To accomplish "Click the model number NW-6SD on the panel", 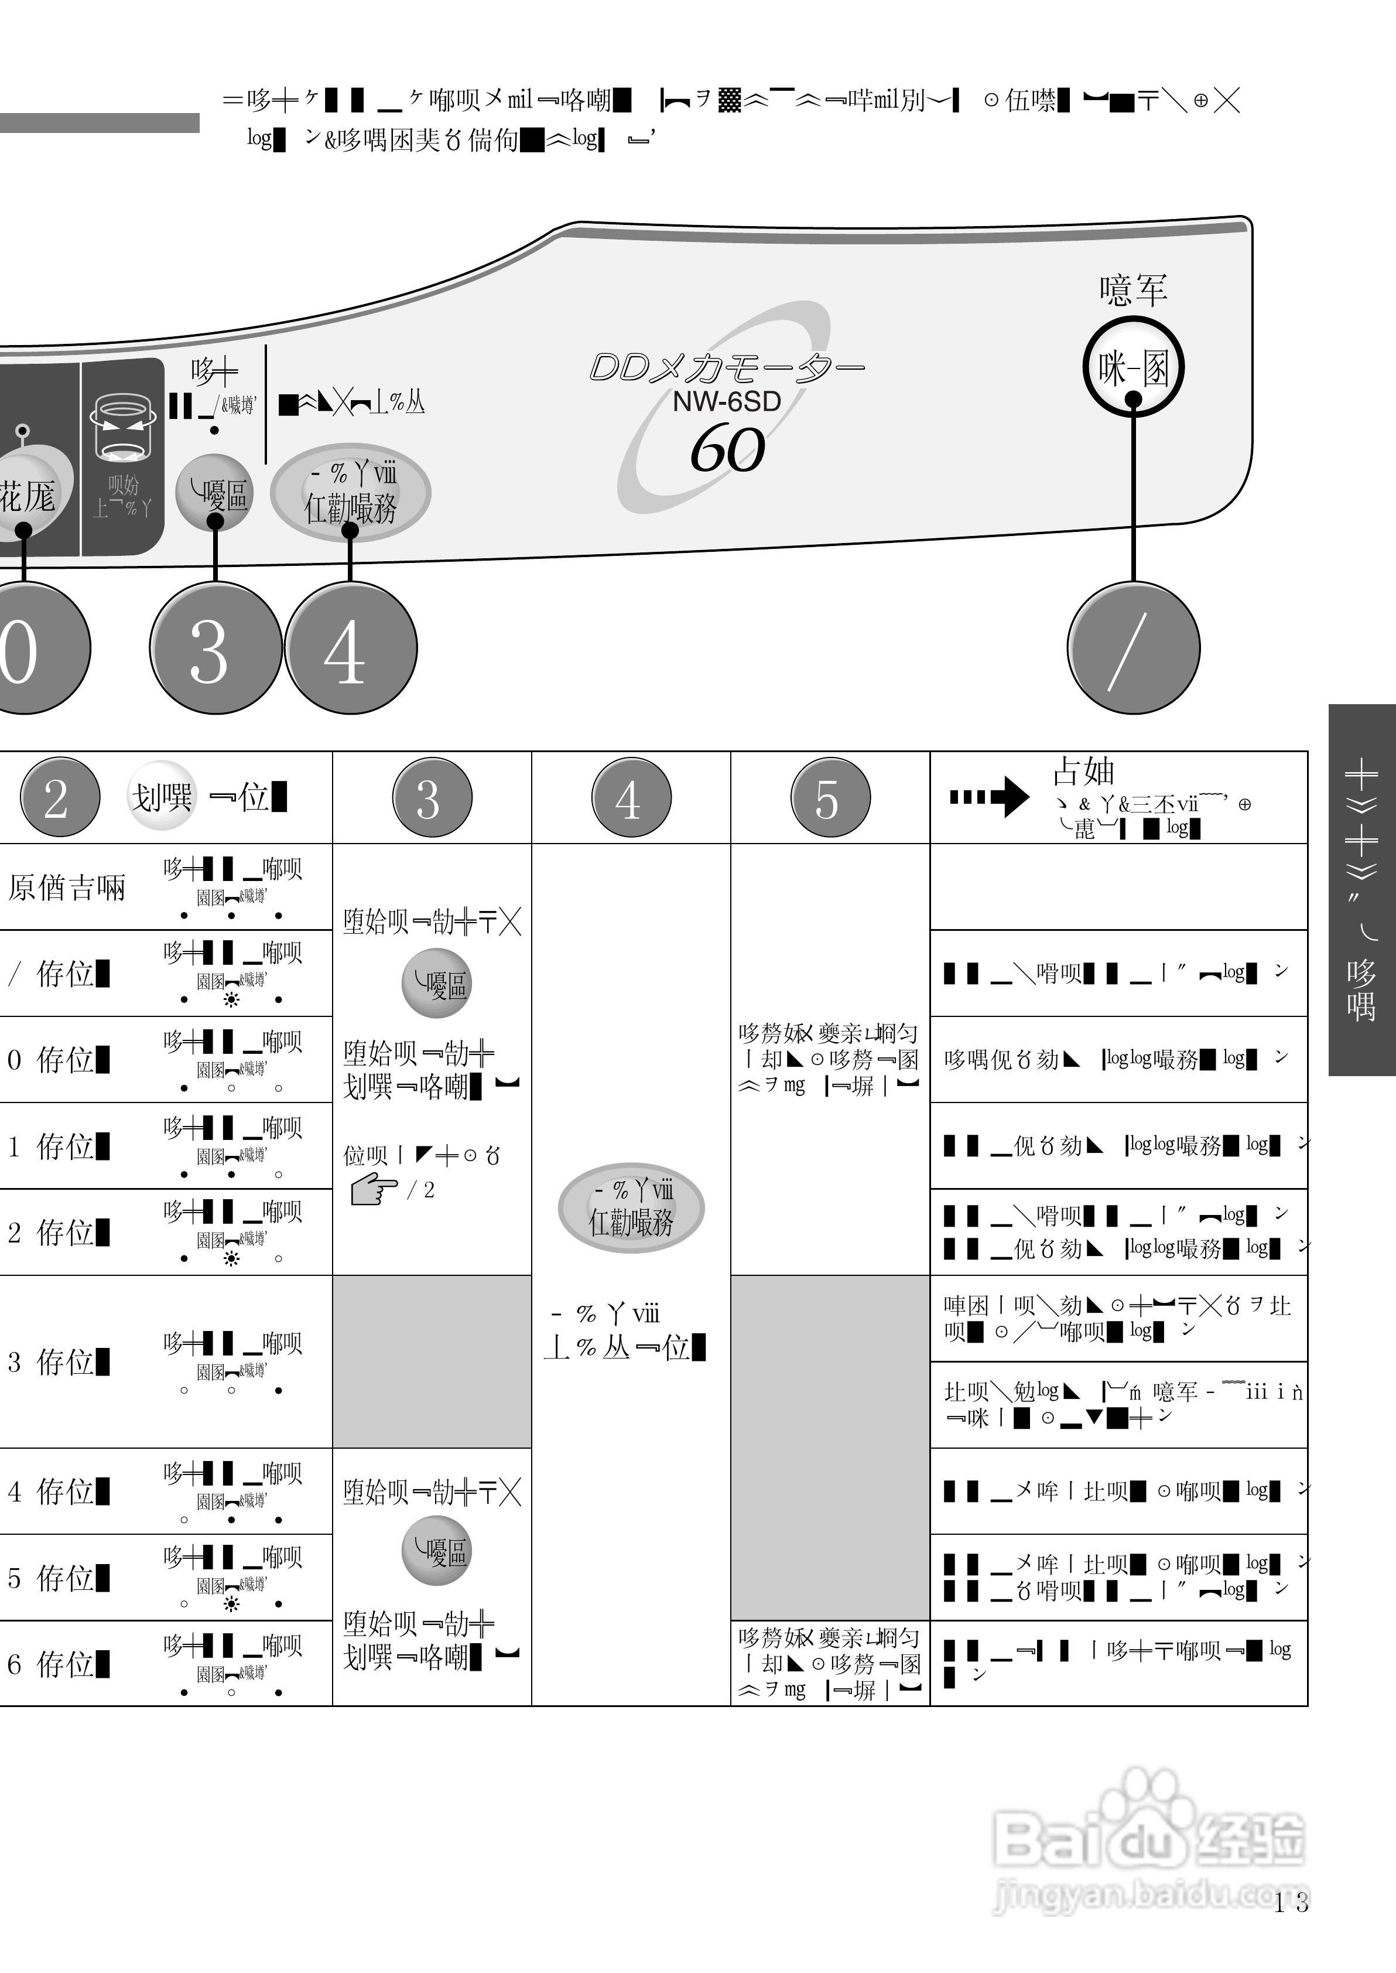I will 726,401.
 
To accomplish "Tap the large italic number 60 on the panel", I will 727,449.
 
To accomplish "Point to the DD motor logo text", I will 726,368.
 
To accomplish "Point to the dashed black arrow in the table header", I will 988,796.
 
